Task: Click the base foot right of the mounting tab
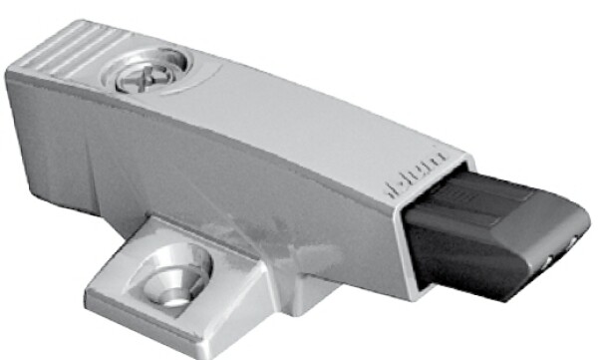coord(329,299)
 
